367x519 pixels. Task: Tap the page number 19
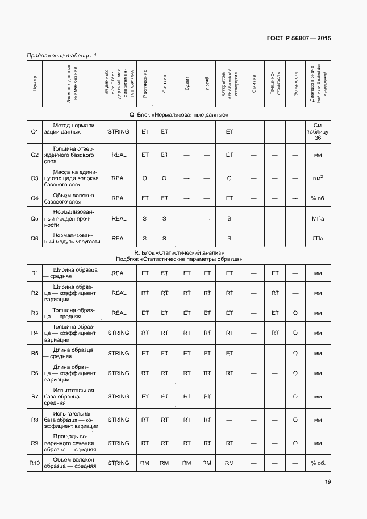pyautogui.click(x=328, y=481)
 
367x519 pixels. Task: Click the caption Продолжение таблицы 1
pyautogui.click(x=62, y=55)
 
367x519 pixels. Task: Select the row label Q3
pyautogui.click(x=35, y=178)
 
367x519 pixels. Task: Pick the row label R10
pyautogui.click(x=35, y=463)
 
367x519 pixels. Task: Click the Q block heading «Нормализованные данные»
pyautogui.click(x=179, y=115)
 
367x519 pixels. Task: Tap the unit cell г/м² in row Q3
pyautogui.click(x=318, y=178)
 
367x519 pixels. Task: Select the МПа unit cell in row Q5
pyautogui.click(x=318, y=218)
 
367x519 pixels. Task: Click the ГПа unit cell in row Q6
pyautogui.click(x=318, y=238)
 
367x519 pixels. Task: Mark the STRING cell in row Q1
pyautogui.click(x=119, y=131)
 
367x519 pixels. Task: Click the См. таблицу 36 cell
pyautogui.click(x=318, y=131)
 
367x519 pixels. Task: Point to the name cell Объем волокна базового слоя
pyautogui.click(x=73, y=198)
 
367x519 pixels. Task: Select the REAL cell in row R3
pyautogui.click(x=119, y=313)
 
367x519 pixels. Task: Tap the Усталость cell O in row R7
pyautogui.click(x=295, y=396)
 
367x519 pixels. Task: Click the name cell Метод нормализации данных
pyautogui.click(x=73, y=128)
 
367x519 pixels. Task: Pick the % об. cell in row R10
pyautogui.click(x=318, y=463)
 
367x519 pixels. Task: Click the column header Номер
pyautogui.click(x=35, y=84)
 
